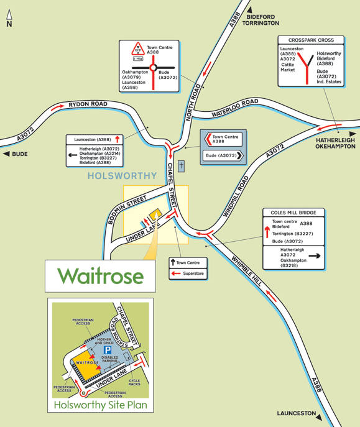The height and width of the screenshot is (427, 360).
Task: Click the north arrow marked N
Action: (x=9, y=18)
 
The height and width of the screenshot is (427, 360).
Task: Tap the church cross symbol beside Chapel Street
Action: (x=182, y=166)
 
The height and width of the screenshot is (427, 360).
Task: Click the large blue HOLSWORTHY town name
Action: (x=122, y=176)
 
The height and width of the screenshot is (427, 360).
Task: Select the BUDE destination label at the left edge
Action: (x=16, y=154)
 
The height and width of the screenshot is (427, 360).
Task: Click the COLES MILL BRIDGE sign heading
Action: (x=293, y=212)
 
